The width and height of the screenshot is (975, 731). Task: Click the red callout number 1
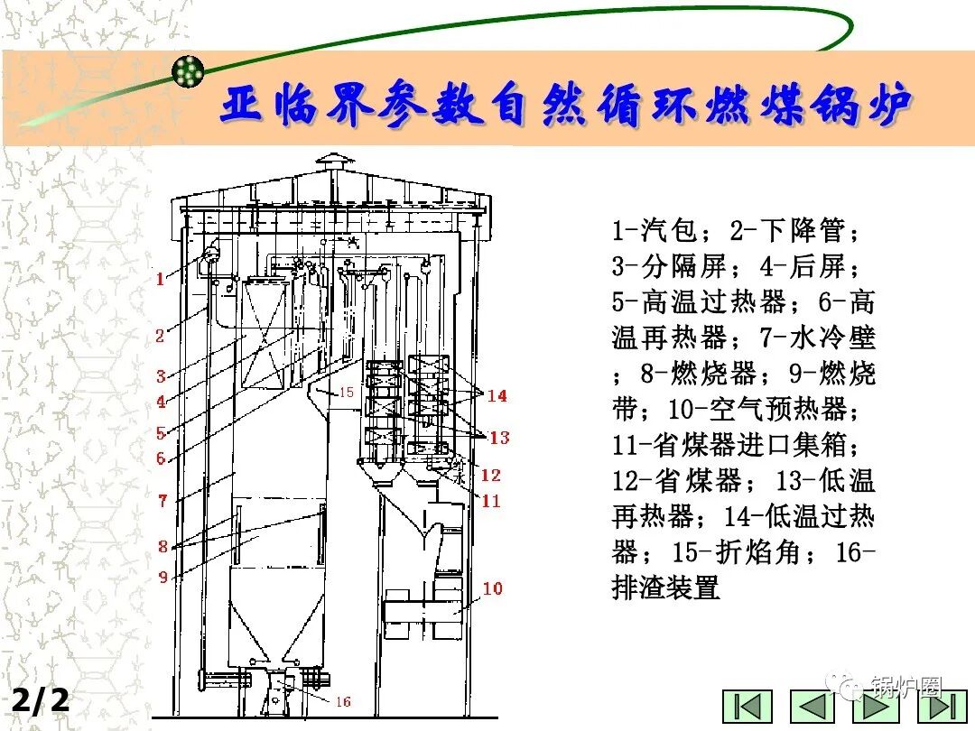[x=160, y=279]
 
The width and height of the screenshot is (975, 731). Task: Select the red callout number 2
[x=160, y=337]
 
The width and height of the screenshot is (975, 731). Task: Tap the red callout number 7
[x=162, y=500]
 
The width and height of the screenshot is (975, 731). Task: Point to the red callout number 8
[x=162, y=546]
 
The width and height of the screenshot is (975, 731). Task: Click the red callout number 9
[x=163, y=577]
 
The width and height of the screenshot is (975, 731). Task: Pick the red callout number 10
[x=492, y=588]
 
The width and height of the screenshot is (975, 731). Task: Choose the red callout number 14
[x=497, y=395]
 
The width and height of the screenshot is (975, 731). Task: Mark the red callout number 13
[x=499, y=438]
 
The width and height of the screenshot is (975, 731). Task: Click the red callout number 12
[x=490, y=476]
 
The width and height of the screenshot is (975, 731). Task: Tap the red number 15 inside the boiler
[x=347, y=393]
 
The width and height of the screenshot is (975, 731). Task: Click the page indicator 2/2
[x=40, y=700]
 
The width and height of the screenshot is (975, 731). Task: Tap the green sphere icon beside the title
[x=189, y=69]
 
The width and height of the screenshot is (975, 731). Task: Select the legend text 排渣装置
[x=665, y=588]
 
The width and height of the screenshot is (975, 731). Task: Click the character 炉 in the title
[x=884, y=106]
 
